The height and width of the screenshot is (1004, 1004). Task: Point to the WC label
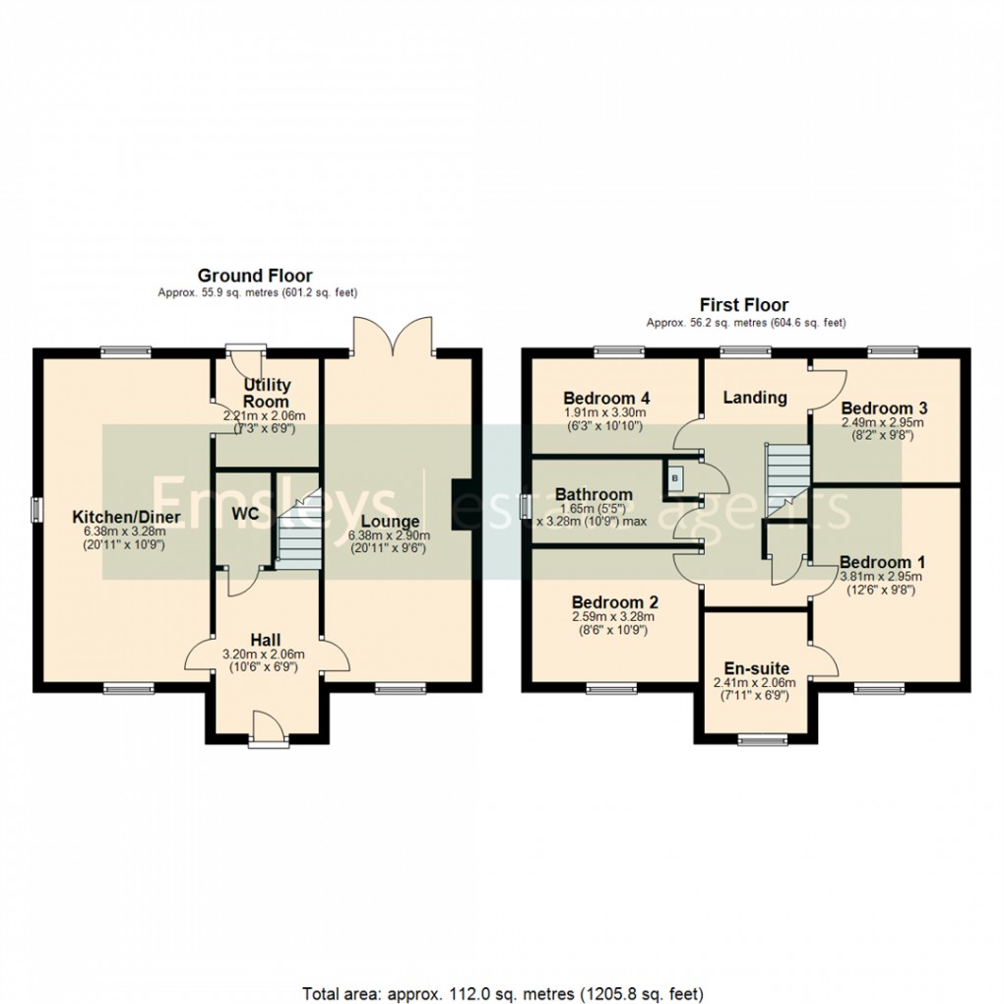[x=244, y=514]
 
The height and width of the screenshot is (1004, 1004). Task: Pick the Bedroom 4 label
[x=602, y=398]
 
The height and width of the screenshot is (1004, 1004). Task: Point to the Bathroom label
[x=593, y=494]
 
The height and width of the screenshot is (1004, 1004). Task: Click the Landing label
[x=755, y=398]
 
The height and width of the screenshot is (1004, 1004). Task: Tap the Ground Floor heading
[x=255, y=276]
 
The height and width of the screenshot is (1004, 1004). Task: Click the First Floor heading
[x=743, y=305]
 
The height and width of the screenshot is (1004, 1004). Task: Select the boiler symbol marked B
[x=674, y=478]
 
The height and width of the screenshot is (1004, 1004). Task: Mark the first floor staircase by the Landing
[x=787, y=477]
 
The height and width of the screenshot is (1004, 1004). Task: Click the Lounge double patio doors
[x=393, y=335]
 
